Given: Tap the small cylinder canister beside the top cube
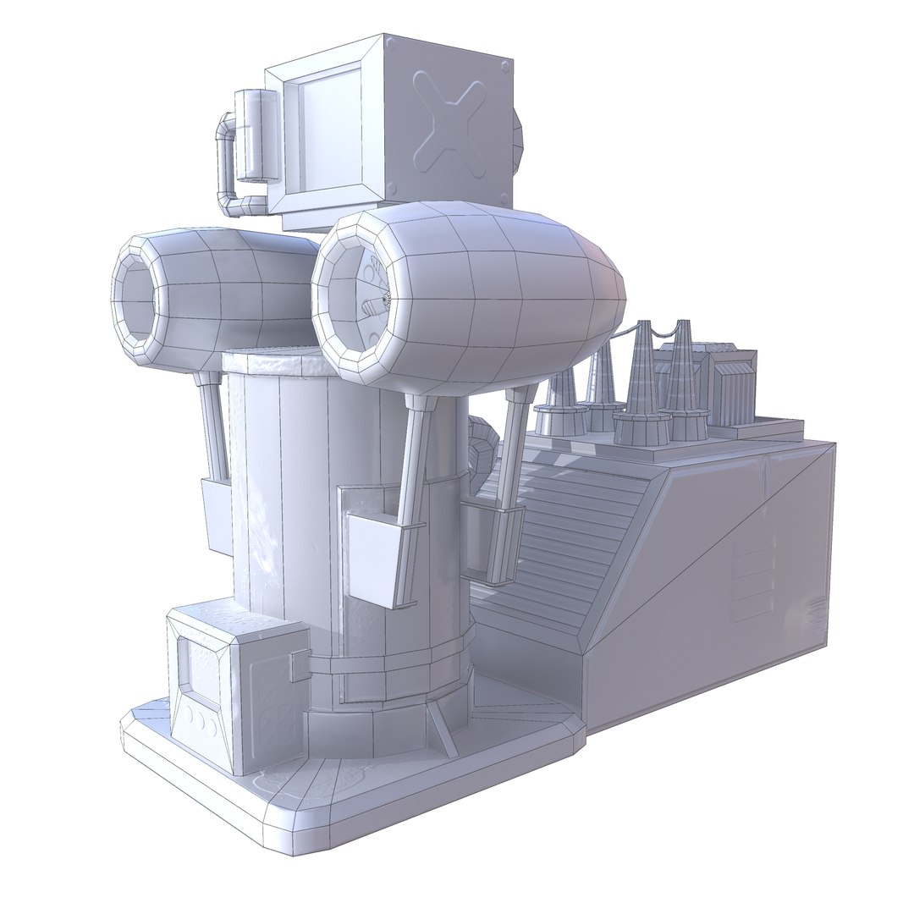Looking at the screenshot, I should [255, 135].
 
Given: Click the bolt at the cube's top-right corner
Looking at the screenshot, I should [505, 65].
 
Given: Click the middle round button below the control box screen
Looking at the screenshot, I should [201, 719].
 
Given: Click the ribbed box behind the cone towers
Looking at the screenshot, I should [732, 388].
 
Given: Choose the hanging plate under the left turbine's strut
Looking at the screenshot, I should [217, 516].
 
